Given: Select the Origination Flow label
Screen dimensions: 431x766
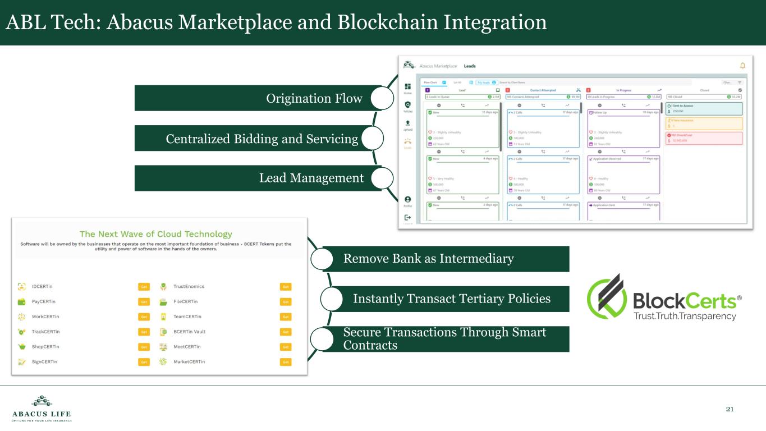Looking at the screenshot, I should [314, 99].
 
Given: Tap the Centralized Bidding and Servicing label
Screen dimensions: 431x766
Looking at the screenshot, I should [262, 139].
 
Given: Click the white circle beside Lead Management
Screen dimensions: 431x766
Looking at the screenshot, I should [382, 178].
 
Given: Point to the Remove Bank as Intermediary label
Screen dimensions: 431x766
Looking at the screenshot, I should [428, 259].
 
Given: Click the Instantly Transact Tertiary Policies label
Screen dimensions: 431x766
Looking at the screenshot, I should [451, 299].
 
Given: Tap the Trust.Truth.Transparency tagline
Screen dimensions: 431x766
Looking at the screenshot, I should [684, 317].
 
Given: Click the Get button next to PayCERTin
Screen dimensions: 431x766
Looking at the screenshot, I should [144, 302].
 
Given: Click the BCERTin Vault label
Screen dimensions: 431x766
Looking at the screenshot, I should [189, 332].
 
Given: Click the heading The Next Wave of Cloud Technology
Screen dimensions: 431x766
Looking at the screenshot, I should [155, 234].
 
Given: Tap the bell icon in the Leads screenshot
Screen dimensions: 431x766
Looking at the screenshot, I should [742, 66].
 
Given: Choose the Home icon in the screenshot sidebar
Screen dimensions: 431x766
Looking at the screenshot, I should [408, 88].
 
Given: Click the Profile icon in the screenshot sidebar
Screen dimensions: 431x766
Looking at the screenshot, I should [408, 200].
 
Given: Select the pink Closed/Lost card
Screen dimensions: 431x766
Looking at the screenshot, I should [704, 138].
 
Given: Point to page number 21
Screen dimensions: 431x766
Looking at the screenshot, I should [730, 409].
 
